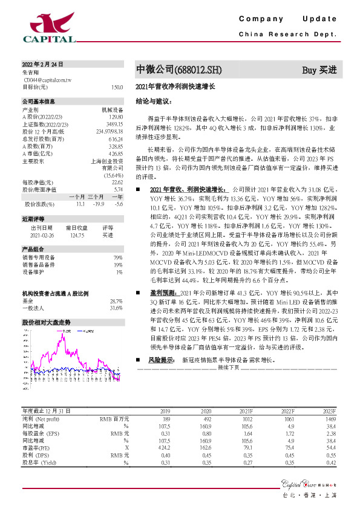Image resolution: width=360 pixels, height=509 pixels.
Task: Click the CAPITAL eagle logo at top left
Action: point(48,27)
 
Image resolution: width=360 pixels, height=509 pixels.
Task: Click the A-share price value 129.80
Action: point(116,115)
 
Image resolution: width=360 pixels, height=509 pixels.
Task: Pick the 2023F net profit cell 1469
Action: point(329,417)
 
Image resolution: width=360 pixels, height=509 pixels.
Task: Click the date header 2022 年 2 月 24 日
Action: point(42,63)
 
